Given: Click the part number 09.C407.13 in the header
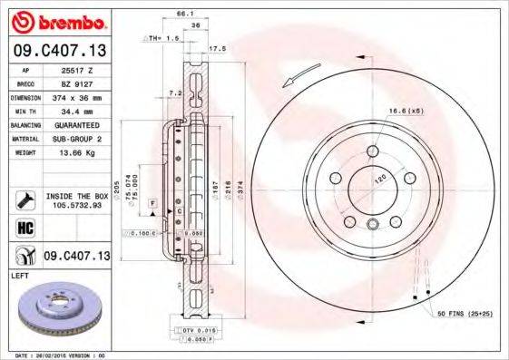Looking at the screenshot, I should (58, 51).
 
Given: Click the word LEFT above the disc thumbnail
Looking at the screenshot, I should (18, 273).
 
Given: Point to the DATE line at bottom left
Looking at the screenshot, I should (54, 355).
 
